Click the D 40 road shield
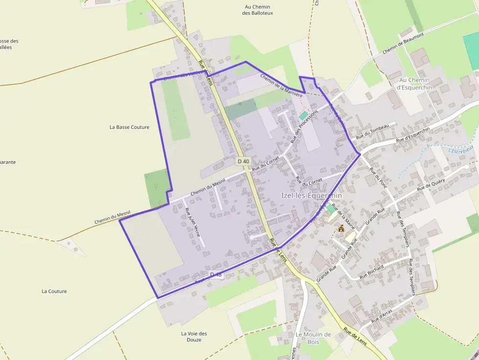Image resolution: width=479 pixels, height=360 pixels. pos(243,161)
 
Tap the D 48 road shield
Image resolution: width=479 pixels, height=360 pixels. pos(216,275)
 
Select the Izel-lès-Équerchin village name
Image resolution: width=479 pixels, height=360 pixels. pos(311,195)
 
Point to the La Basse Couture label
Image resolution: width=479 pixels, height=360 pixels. pos(130,127)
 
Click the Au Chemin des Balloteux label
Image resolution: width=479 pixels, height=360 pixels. pos(258,10)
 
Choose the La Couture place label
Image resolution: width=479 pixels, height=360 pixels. pos(54,291)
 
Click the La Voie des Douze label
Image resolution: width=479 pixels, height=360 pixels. pos(194,337)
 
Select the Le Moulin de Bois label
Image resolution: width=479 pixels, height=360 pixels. pos(313,338)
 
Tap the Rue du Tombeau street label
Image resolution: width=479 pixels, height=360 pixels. pos(372,131)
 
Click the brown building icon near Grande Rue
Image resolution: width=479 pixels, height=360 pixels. pos(341,228)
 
